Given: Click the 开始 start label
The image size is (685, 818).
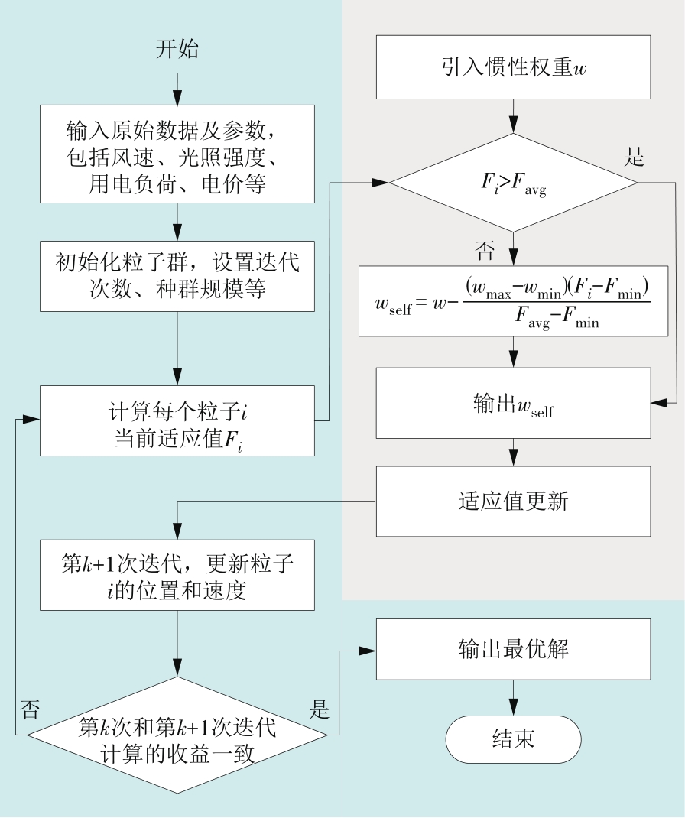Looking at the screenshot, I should click(x=177, y=51).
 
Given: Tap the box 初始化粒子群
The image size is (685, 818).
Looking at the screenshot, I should click(x=177, y=275).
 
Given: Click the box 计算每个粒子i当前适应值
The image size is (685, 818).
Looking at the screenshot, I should click(x=177, y=420).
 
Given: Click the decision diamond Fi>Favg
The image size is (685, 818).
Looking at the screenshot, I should click(x=512, y=183).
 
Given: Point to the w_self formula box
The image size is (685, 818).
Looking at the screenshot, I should click(x=512, y=300).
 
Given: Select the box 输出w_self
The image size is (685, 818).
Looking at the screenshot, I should click(x=512, y=403).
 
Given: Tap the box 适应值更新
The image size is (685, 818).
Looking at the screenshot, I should click(x=512, y=501).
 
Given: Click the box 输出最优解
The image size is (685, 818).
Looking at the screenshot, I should click(x=512, y=651).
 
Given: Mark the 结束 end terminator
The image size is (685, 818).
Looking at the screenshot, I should click(x=512, y=738).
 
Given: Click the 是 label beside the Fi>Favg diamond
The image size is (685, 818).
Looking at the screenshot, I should click(x=635, y=158).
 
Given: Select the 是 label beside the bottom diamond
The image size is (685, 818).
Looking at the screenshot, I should click(x=319, y=708).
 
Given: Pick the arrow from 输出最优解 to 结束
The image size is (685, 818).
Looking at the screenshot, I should click(x=512, y=696).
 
